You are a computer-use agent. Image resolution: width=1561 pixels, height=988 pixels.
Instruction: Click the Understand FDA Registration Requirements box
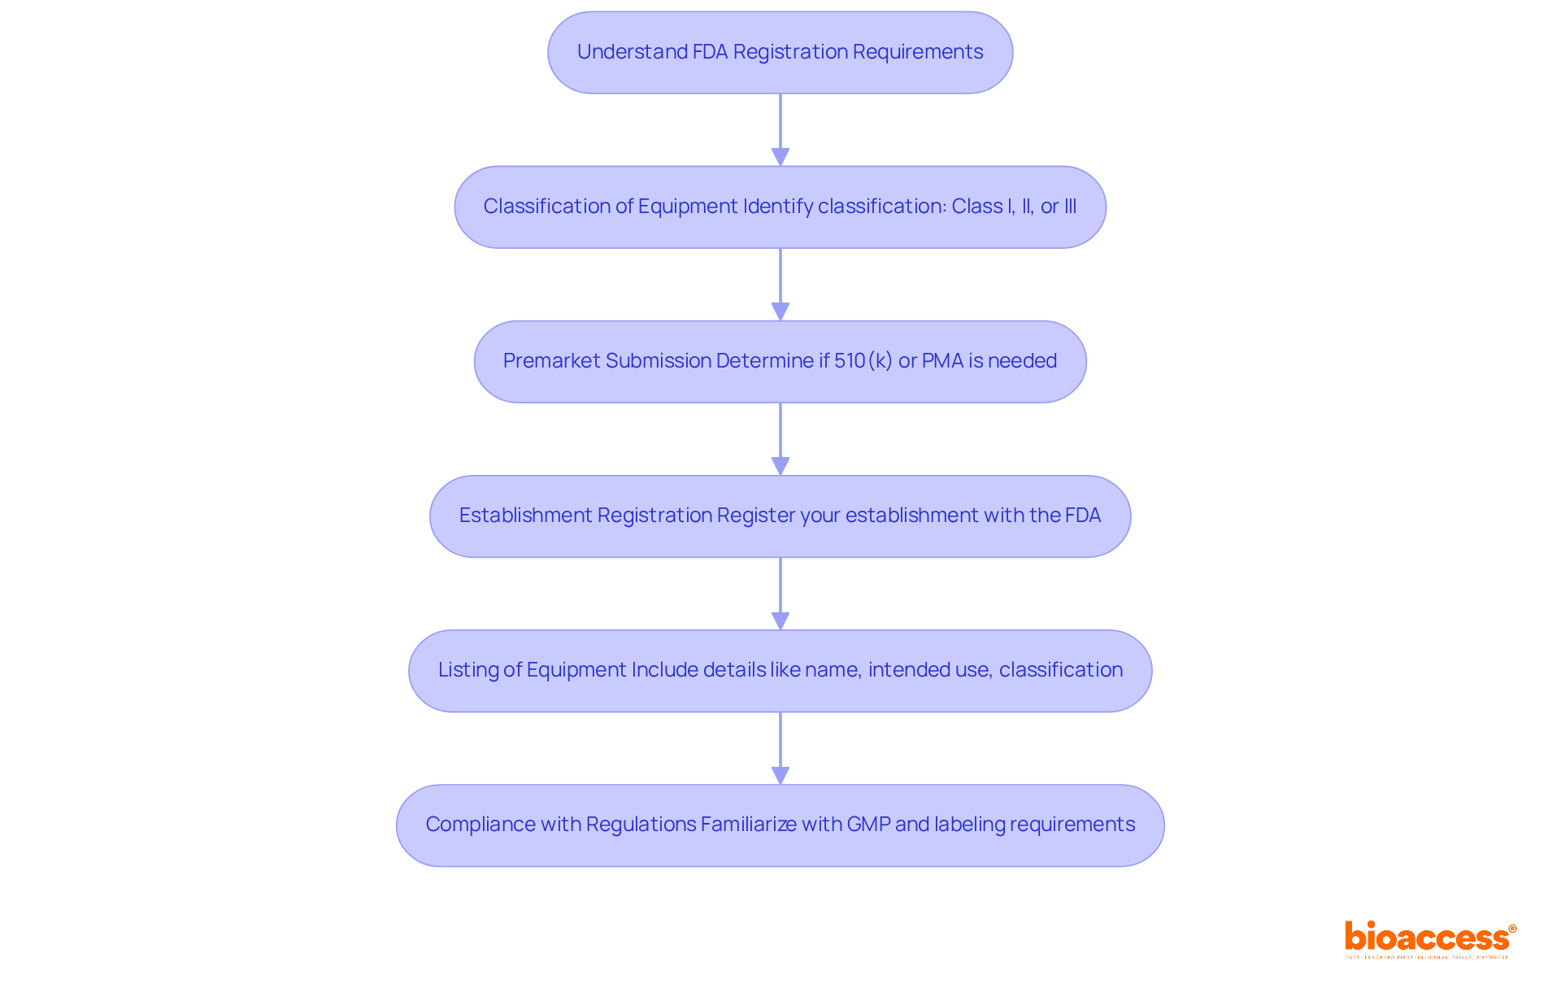pyautogui.click(x=780, y=53)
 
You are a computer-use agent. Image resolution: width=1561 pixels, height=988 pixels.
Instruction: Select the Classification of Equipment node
pyautogui.click(x=780, y=207)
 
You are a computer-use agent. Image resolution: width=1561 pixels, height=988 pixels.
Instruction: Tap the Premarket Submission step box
pyautogui.click(x=780, y=362)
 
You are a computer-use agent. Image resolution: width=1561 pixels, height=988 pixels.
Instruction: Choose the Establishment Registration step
pyautogui.click(x=780, y=516)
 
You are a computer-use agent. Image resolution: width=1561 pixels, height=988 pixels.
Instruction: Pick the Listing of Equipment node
pyautogui.click(x=780, y=671)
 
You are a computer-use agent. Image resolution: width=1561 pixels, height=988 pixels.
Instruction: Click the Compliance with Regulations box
pyautogui.click(x=780, y=825)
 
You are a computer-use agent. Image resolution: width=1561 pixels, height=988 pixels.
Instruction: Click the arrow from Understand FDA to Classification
pyautogui.click(x=780, y=130)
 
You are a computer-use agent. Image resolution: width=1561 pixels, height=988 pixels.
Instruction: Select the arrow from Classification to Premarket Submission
pyautogui.click(x=780, y=285)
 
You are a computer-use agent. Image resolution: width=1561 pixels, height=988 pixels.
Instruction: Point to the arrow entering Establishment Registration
pyautogui.click(x=780, y=439)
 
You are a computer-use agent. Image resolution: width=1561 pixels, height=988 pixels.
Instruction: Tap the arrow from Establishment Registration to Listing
pyautogui.click(x=780, y=594)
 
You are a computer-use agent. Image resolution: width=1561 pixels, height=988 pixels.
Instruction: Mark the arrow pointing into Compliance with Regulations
pyautogui.click(x=780, y=748)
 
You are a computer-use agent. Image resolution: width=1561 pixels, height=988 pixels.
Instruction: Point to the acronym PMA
pyautogui.click(x=942, y=361)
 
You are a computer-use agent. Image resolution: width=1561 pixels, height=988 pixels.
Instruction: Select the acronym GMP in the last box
pyautogui.click(x=868, y=825)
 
